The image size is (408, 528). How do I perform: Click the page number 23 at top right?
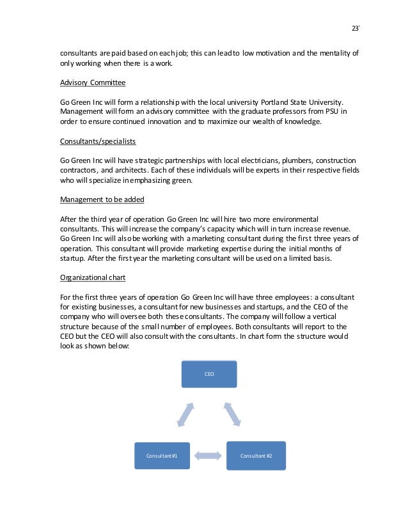[356, 28]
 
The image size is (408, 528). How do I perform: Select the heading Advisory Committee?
[93, 83]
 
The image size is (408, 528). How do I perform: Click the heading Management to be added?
[102, 199]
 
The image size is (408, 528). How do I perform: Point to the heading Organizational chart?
[93, 277]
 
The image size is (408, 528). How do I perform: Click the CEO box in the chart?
[209, 374]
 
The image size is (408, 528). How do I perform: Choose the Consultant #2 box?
[256, 455]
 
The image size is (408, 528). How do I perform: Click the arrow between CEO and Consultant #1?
[184, 414]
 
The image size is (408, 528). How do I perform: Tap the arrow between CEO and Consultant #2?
[232, 414]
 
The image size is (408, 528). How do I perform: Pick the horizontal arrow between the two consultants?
[208, 456]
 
